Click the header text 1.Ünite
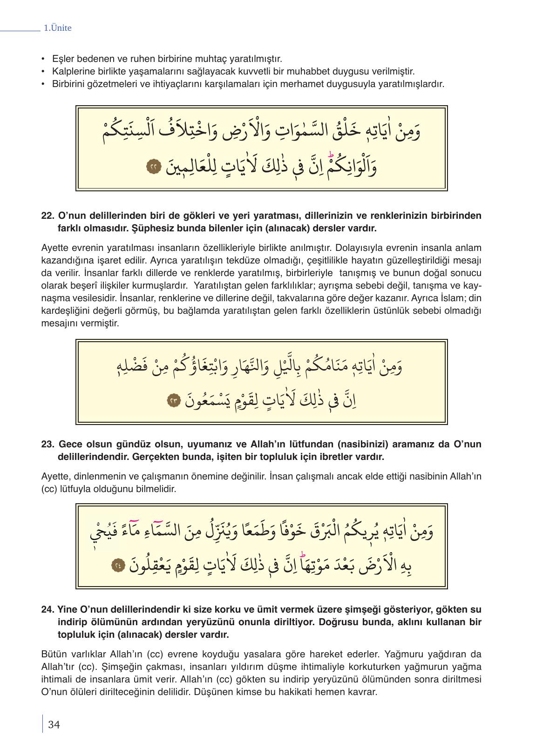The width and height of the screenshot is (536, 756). pyautogui.click(x=57, y=28)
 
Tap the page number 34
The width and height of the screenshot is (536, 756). pyautogui.click(x=54, y=724)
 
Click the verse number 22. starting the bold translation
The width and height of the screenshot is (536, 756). pyautogui.click(x=48, y=216)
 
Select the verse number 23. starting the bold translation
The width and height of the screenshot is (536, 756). pyautogui.click(x=48, y=444)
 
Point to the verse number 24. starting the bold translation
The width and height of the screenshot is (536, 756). pyautogui.click(x=48, y=609)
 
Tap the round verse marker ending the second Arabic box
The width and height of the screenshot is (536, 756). pyautogui.click(x=174, y=400)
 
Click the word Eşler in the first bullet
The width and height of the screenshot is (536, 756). pyautogui.click(x=62, y=59)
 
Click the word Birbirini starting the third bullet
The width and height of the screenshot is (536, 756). pyautogui.click(x=68, y=84)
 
